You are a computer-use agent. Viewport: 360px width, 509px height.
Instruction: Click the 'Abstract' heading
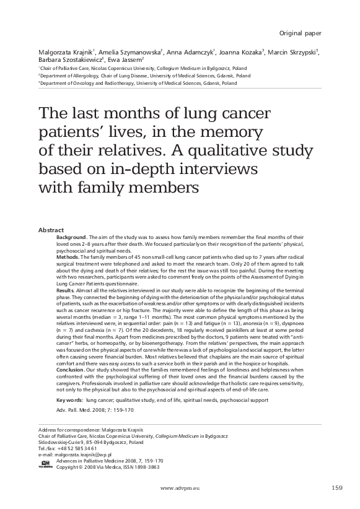50,230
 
